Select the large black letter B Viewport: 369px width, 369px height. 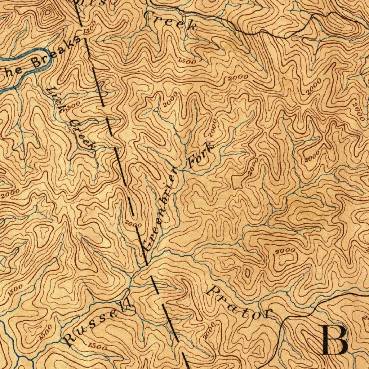click(334, 340)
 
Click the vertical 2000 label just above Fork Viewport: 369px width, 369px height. click(212, 128)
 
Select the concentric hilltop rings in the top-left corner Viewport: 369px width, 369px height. click(47, 13)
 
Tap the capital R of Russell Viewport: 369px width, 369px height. click(68, 339)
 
